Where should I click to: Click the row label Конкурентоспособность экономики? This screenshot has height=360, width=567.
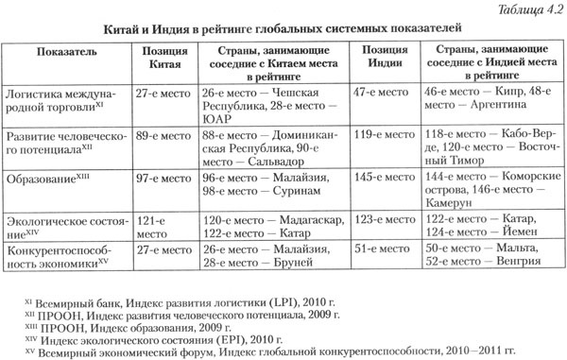tap(64, 255)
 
